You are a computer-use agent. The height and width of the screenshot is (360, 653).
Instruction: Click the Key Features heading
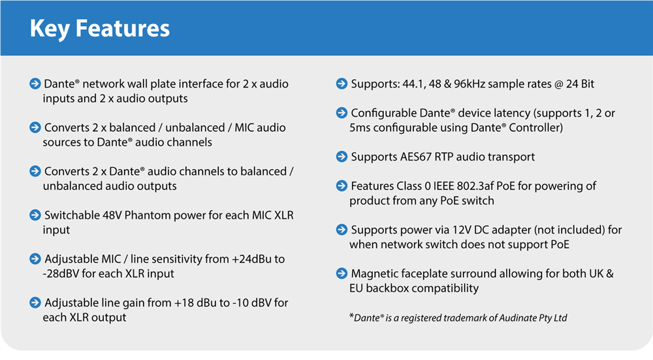(99, 29)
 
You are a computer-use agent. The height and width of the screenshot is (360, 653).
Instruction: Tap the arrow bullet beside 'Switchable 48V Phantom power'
(35, 215)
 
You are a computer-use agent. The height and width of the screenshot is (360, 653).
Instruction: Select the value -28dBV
(61, 274)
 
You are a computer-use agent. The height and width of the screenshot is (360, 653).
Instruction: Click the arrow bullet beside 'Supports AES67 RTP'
(342, 157)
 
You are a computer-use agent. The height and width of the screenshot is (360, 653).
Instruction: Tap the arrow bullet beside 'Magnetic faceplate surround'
(342, 273)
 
